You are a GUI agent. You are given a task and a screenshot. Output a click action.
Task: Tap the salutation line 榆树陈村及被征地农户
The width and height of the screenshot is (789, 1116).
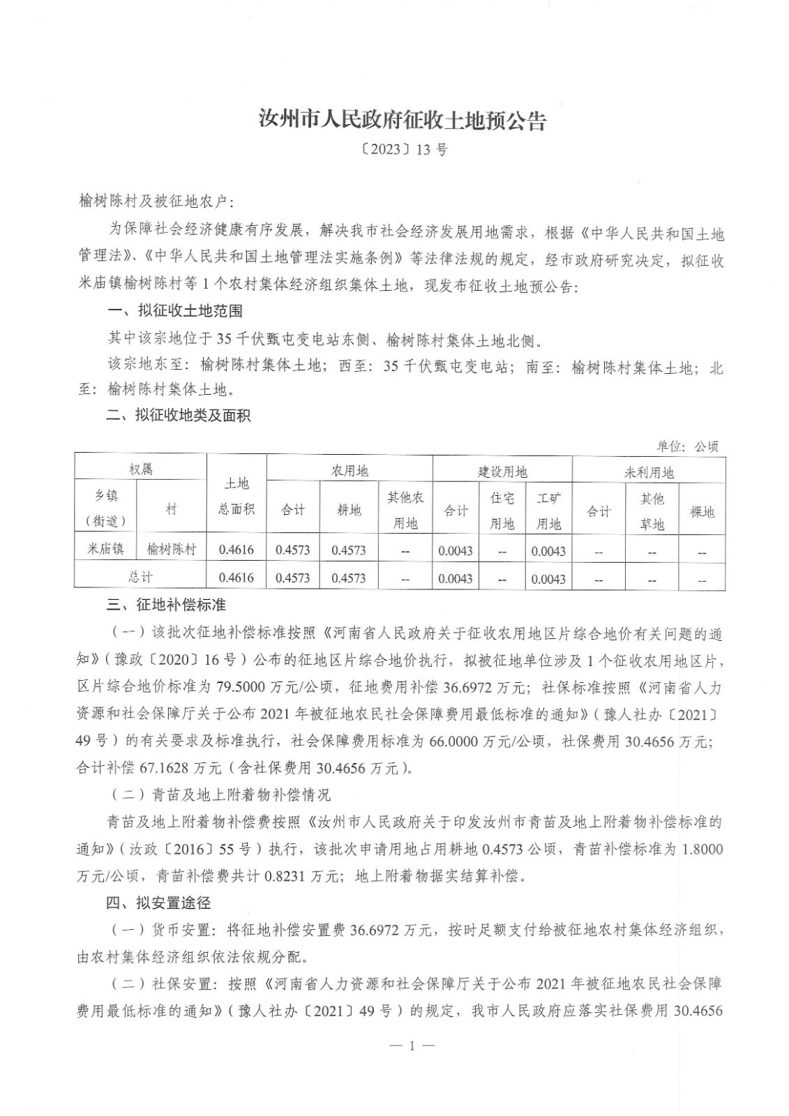coord(158,202)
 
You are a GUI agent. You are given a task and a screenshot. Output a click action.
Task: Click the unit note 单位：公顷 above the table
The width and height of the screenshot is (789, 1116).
coord(687,446)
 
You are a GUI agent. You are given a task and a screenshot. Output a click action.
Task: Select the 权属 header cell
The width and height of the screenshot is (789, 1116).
coord(140,469)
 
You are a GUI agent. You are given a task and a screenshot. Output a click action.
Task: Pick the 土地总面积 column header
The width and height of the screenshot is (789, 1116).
coord(236,496)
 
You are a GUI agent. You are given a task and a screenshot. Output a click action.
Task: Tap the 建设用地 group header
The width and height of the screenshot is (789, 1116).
coord(502,472)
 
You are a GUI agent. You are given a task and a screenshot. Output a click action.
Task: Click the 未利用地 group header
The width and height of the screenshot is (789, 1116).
coord(648,473)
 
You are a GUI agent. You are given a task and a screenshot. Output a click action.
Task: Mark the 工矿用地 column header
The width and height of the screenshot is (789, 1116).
coord(548,511)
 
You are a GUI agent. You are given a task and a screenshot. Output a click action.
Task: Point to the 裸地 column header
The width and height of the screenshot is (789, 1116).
coord(702,511)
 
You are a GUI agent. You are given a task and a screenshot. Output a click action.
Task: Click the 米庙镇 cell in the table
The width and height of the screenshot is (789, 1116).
coord(106,550)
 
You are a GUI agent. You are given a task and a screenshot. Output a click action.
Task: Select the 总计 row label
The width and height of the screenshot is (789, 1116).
coord(140,577)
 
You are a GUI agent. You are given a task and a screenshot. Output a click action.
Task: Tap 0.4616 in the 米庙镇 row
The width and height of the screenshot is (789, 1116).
coord(236,550)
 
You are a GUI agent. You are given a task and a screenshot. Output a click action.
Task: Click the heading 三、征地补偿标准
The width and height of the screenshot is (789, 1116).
coord(166,603)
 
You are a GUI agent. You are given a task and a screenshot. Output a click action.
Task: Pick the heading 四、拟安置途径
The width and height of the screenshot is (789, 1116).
coord(158,903)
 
